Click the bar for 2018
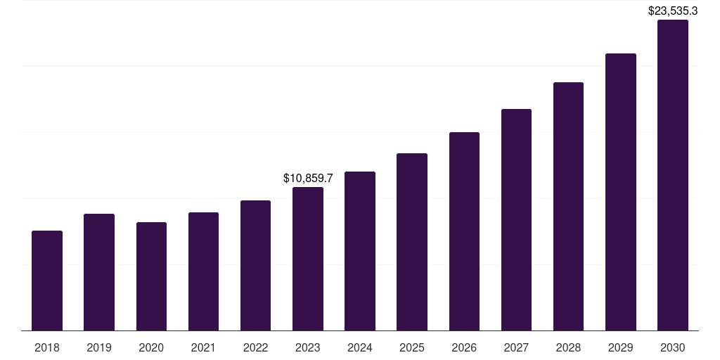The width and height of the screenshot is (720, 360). click(x=47, y=281)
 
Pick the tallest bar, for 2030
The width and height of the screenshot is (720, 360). click(x=673, y=175)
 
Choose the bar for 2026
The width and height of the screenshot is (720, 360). click(x=464, y=231)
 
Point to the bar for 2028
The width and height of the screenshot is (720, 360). click(x=568, y=207)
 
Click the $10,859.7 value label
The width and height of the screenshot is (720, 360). click(x=308, y=179)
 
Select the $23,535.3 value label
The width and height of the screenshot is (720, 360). click(x=673, y=11)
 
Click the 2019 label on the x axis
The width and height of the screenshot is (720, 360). click(x=99, y=347)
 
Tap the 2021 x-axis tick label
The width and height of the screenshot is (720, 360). click(x=203, y=347)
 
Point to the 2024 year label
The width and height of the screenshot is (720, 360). click(x=360, y=347)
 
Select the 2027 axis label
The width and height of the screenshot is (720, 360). click(x=516, y=347)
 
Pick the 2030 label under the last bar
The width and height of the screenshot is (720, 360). click(x=673, y=347)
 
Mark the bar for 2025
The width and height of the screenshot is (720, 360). click(x=412, y=242)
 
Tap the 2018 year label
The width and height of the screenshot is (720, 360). click(x=47, y=347)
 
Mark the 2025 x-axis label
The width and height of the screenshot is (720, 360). click(x=412, y=347)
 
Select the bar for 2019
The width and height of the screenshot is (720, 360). click(x=99, y=272)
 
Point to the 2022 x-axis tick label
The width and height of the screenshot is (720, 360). click(x=255, y=347)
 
